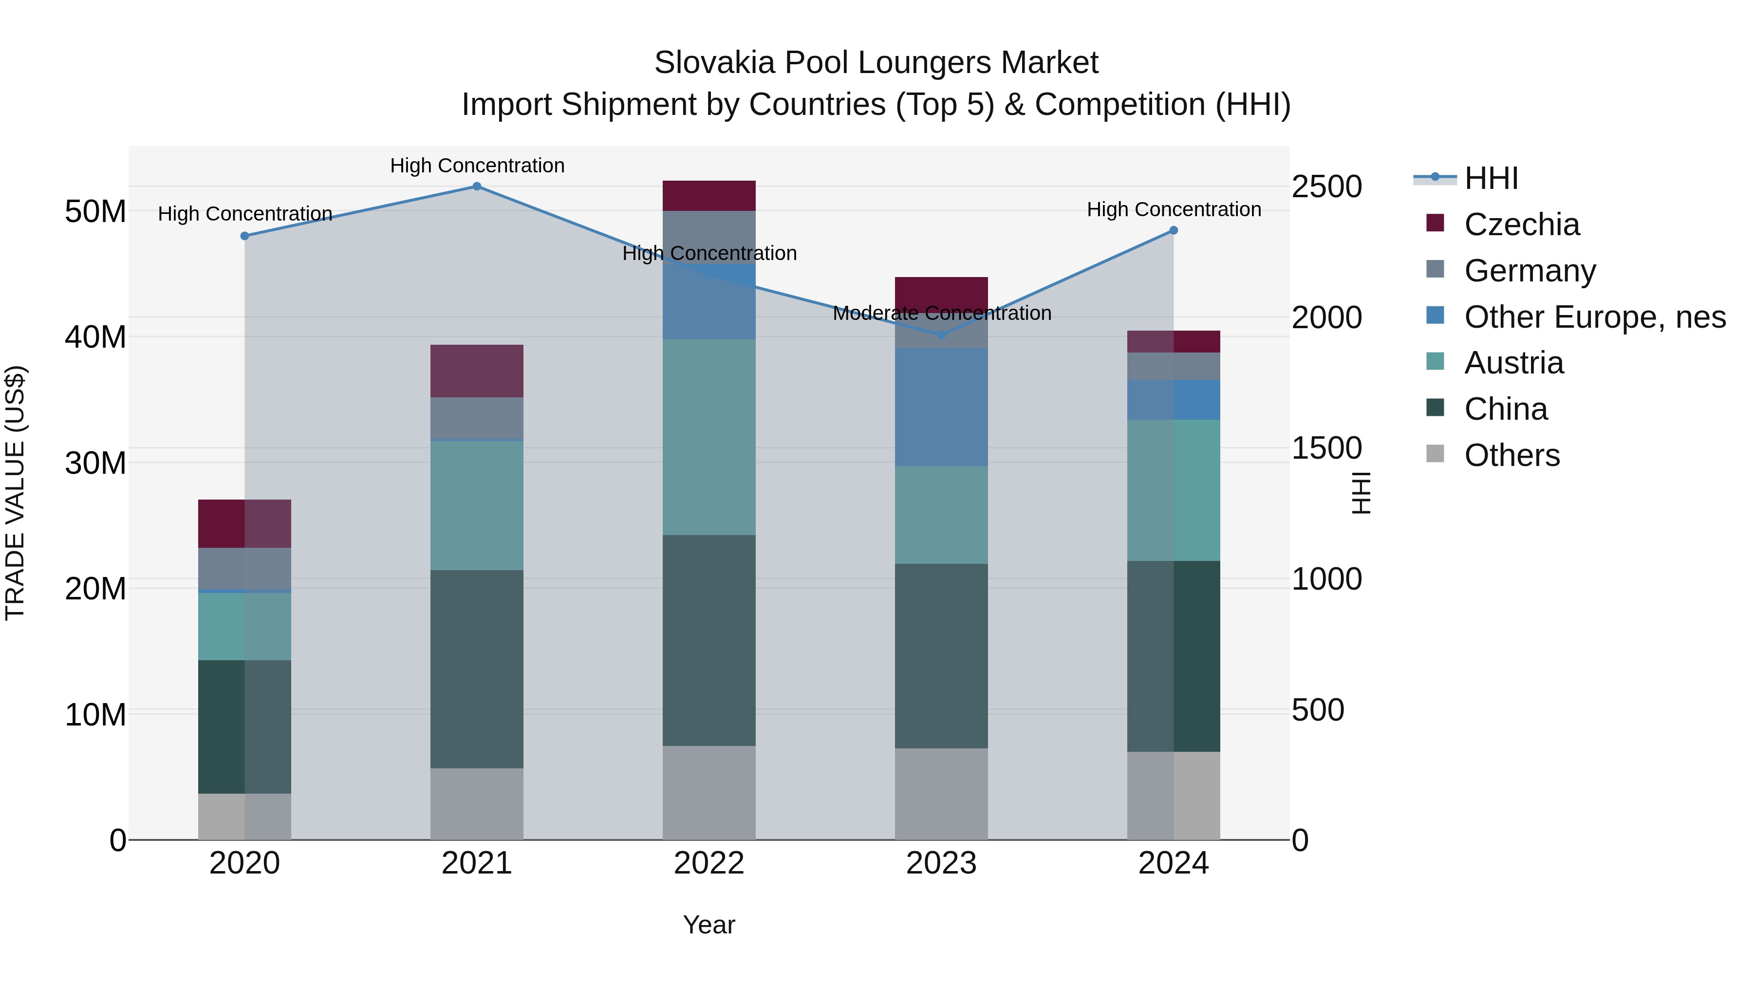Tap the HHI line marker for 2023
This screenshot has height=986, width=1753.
(941, 335)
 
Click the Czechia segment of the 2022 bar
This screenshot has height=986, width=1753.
(709, 196)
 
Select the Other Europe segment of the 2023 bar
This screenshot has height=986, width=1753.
(941, 407)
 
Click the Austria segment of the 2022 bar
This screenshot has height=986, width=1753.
(709, 437)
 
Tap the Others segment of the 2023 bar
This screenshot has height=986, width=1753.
(941, 794)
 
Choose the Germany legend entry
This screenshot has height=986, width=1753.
(1530, 271)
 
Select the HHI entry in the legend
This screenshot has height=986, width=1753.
(1491, 178)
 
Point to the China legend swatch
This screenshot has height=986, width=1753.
(1435, 409)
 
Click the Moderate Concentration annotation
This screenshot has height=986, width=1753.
(942, 314)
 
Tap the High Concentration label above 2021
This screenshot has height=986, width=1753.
(477, 166)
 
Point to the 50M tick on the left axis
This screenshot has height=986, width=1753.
(95, 212)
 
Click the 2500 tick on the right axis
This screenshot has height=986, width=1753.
(1326, 187)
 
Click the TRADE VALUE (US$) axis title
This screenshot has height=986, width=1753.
(15, 493)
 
